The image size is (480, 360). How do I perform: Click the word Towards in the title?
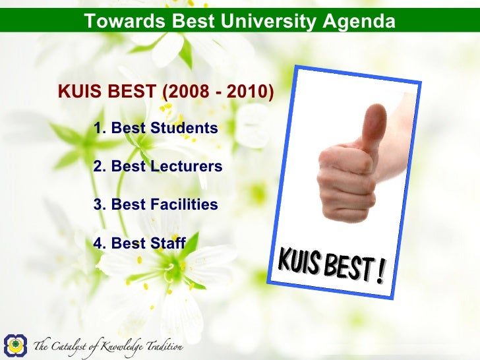[x=117, y=22]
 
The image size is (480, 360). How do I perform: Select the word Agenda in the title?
[x=359, y=22]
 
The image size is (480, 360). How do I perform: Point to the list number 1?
[x=99, y=128]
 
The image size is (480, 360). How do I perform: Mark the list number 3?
[x=99, y=205]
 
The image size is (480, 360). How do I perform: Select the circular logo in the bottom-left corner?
[x=15, y=345]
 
